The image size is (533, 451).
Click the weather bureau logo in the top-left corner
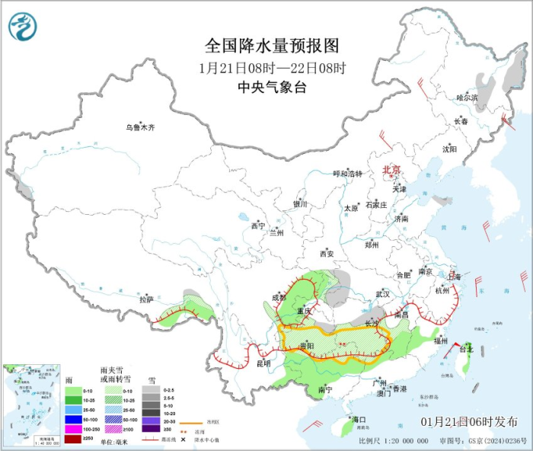(23, 27)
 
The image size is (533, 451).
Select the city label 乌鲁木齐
(140, 128)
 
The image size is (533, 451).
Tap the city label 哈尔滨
(467, 98)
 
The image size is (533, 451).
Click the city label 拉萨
(147, 299)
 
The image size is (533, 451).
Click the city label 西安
(327, 253)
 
